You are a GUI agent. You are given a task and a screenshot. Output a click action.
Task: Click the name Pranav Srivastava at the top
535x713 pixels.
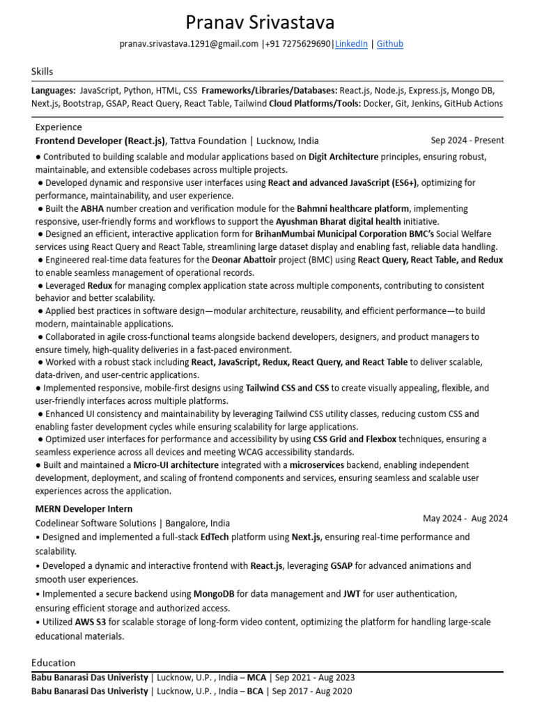260,22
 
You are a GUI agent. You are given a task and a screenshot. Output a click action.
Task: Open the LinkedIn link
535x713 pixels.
351,44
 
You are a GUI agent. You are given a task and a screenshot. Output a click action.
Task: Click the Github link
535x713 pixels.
390,44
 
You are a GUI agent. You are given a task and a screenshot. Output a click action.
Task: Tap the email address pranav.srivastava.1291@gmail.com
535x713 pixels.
189,44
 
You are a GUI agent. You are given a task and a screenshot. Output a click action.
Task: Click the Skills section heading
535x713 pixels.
42,72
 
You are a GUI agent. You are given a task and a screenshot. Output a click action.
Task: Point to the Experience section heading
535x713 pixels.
59,127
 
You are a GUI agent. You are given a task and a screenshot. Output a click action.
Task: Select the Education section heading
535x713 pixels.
54,663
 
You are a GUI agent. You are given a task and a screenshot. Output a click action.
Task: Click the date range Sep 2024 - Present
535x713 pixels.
467,141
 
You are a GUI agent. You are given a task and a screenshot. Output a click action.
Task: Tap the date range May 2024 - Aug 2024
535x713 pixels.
465,519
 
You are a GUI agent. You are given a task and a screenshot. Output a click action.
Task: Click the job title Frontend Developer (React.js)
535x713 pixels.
100,141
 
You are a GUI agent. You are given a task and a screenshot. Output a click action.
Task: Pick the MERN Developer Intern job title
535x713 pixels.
84,509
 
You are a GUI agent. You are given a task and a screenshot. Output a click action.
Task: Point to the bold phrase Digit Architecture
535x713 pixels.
343,157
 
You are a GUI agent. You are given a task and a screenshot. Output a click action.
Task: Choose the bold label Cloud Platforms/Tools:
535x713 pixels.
314,104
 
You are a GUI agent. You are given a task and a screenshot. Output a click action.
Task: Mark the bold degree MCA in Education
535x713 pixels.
257,677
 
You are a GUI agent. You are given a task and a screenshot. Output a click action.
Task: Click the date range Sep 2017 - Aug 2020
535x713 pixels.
312,691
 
